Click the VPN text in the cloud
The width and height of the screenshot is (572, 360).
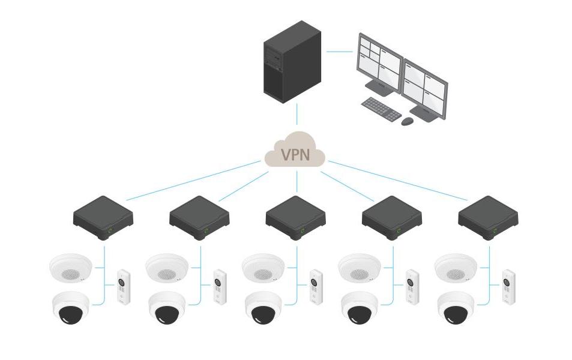click(295, 155)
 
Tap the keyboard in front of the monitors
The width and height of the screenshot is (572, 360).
click(381, 109)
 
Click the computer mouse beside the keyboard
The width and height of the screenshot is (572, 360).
click(408, 121)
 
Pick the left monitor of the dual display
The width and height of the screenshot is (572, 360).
click(380, 64)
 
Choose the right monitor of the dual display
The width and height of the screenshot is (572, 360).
click(425, 88)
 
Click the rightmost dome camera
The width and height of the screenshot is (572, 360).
click(456, 308)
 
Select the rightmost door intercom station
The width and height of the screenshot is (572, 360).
click(508, 286)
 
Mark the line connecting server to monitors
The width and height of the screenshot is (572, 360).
click(339, 51)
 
